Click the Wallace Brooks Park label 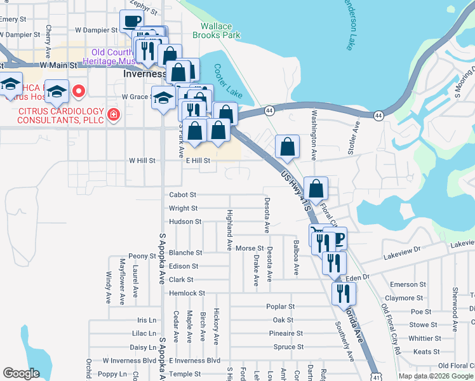point(220,30)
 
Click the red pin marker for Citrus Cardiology point(79,91)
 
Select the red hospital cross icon point(113,115)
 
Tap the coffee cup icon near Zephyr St point(131,21)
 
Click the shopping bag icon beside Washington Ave point(288,146)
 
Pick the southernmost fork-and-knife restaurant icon point(344,293)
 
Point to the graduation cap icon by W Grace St point(164,98)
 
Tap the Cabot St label point(183,195)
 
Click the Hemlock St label point(187,293)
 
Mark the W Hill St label point(142,161)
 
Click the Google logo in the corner point(21,373)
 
